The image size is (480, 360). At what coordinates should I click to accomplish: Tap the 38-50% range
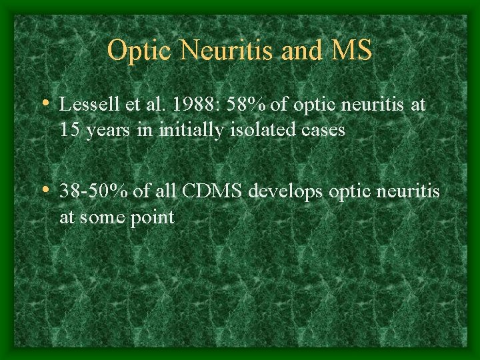[x=93, y=192]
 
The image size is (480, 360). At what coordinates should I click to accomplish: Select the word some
[x=100, y=218]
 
